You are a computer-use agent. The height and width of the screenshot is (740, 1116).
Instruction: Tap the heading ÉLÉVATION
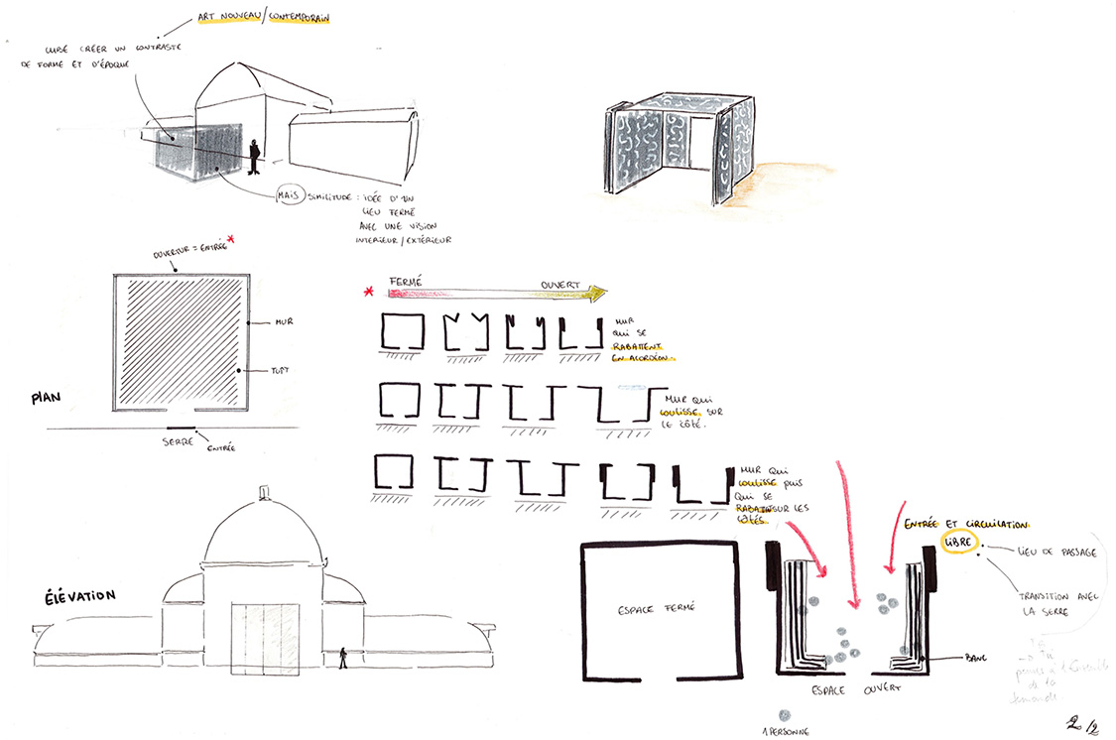pyautogui.click(x=67, y=596)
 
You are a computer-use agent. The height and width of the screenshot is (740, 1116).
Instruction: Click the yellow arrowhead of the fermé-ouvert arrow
pyautogui.click(x=597, y=294)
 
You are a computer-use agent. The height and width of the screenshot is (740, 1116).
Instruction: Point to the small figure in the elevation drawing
pyautogui.click(x=344, y=658)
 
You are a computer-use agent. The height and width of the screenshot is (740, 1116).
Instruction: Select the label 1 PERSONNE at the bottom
pyautogui.click(x=784, y=731)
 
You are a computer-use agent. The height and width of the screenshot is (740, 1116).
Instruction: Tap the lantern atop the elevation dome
pyautogui.click(x=263, y=493)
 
